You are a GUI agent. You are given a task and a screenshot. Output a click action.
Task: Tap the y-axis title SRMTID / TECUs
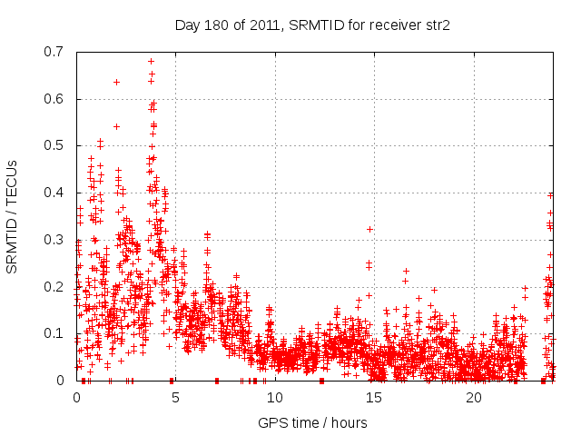tap(13, 216)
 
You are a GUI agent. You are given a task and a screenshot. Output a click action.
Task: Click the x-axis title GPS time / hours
tap(312, 422)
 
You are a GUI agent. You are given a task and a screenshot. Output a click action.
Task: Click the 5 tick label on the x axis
tap(176, 398)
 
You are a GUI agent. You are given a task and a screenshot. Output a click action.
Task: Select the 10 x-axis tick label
tap(275, 398)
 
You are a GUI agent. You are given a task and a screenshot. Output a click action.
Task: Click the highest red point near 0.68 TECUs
tap(151, 62)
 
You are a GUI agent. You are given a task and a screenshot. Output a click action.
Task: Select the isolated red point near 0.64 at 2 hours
tap(116, 82)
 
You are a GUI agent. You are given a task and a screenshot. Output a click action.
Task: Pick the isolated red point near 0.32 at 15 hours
tap(369, 229)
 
